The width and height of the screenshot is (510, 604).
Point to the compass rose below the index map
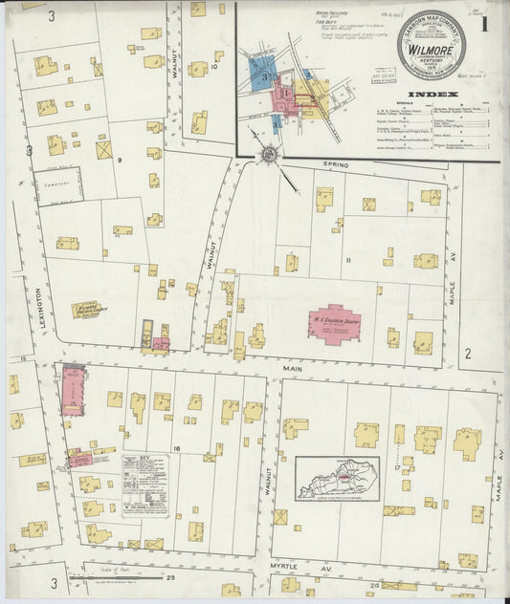(269, 154)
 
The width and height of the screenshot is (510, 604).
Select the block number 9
(121, 161)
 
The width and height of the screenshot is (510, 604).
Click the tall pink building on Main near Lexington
(73, 391)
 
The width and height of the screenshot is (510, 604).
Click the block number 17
(395, 468)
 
